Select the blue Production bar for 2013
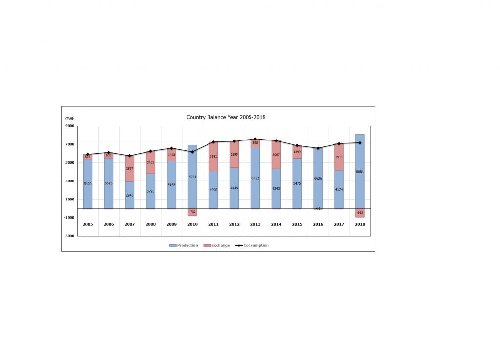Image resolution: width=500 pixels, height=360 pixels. (x=255, y=185)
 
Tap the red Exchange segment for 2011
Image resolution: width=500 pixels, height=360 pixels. (x=213, y=157)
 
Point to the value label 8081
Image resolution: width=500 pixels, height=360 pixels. (x=360, y=172)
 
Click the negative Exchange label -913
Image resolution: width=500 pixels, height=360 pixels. (x=360, y=213)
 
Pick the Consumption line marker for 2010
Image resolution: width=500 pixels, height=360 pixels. (x=192, y=152)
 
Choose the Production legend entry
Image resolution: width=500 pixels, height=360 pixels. (x=184, y=245)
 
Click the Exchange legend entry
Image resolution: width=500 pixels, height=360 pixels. (x=217, y=245)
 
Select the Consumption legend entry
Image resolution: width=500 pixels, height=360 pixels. (x=252, y=245)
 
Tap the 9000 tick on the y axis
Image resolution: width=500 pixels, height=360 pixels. (x=69, y=126)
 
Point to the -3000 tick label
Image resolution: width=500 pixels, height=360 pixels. (x=69, y=236)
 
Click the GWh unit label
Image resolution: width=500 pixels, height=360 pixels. (x=69, y=119)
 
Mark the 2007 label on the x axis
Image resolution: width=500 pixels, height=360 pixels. (x=129, y=224)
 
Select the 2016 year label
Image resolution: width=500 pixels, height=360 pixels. (x=318, y=224)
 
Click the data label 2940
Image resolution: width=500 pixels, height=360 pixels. (x=129, y=195)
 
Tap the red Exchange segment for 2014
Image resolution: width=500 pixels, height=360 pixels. (x=276, y=155)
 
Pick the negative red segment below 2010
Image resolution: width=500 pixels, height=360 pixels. (x=192, y=212)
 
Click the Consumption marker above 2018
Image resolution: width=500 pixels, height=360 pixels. (x=360, y=143)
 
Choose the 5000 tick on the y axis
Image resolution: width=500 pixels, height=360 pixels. (x=69, y=162)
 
